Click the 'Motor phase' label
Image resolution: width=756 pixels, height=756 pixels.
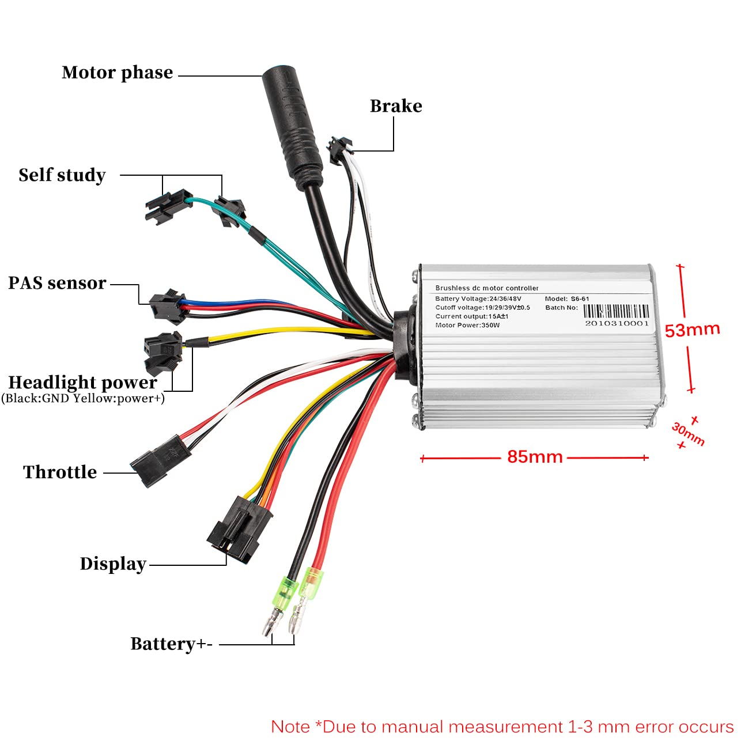click(x=118, y=73)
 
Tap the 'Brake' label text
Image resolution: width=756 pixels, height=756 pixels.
click(x=396, y=106)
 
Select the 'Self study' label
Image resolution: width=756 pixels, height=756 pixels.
click(x=62, y=175)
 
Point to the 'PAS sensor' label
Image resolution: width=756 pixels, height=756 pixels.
click(x=57, y=283)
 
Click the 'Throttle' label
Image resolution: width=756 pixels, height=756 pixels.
click(x=60, y=472)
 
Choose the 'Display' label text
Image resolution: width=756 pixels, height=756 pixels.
click(x=114, y=564)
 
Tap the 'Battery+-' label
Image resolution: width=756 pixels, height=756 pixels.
click(x=172, y=644)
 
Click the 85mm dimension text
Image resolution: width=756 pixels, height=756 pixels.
click(x=535, y=457)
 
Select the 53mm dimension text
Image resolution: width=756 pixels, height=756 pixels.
click(x=693, y=330)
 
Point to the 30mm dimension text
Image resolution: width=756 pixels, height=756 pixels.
click(x=688, y=433)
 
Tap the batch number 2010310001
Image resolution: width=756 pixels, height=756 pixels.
click(x=617, y=323)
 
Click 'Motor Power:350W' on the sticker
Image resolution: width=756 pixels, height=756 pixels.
click(x=467, y=325)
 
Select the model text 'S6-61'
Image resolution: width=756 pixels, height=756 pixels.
click(x=580, y=298)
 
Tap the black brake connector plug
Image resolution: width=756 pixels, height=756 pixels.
click(x=340, y=150)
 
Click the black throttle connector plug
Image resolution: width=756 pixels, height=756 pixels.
click(x=160, y=460)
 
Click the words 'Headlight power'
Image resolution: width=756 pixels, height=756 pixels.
click(x=83, y=382)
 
